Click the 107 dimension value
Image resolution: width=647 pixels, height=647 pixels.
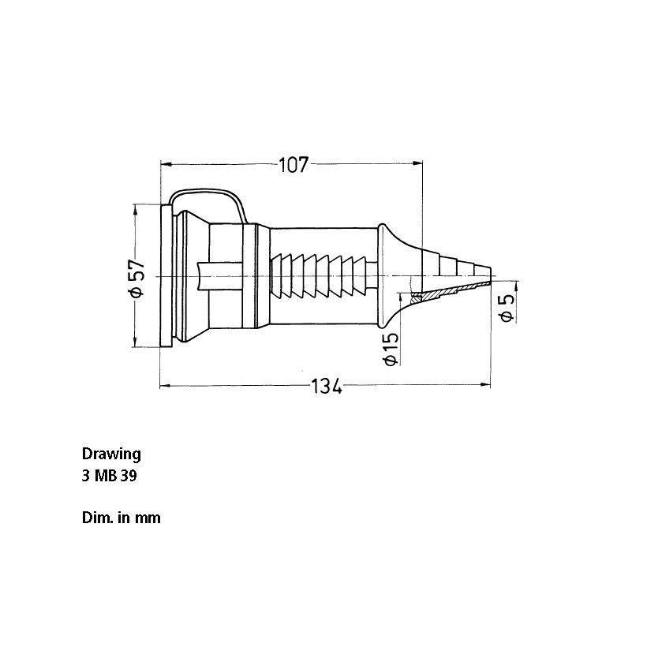tap(294, 165)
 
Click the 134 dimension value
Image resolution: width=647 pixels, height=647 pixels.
tap(326, 386)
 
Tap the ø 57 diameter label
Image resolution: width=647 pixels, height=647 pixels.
tap(137, 279)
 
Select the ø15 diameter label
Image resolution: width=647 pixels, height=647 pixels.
tap(391, 349)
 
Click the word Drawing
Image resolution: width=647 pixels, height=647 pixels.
tap(111, 454)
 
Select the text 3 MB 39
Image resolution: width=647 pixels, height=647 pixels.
tap(110, 476)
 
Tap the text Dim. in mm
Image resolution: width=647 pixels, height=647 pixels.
tap(122, 518)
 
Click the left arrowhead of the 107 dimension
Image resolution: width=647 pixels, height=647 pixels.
tap(166, 164)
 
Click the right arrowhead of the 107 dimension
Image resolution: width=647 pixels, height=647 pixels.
tap(418, 164)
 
